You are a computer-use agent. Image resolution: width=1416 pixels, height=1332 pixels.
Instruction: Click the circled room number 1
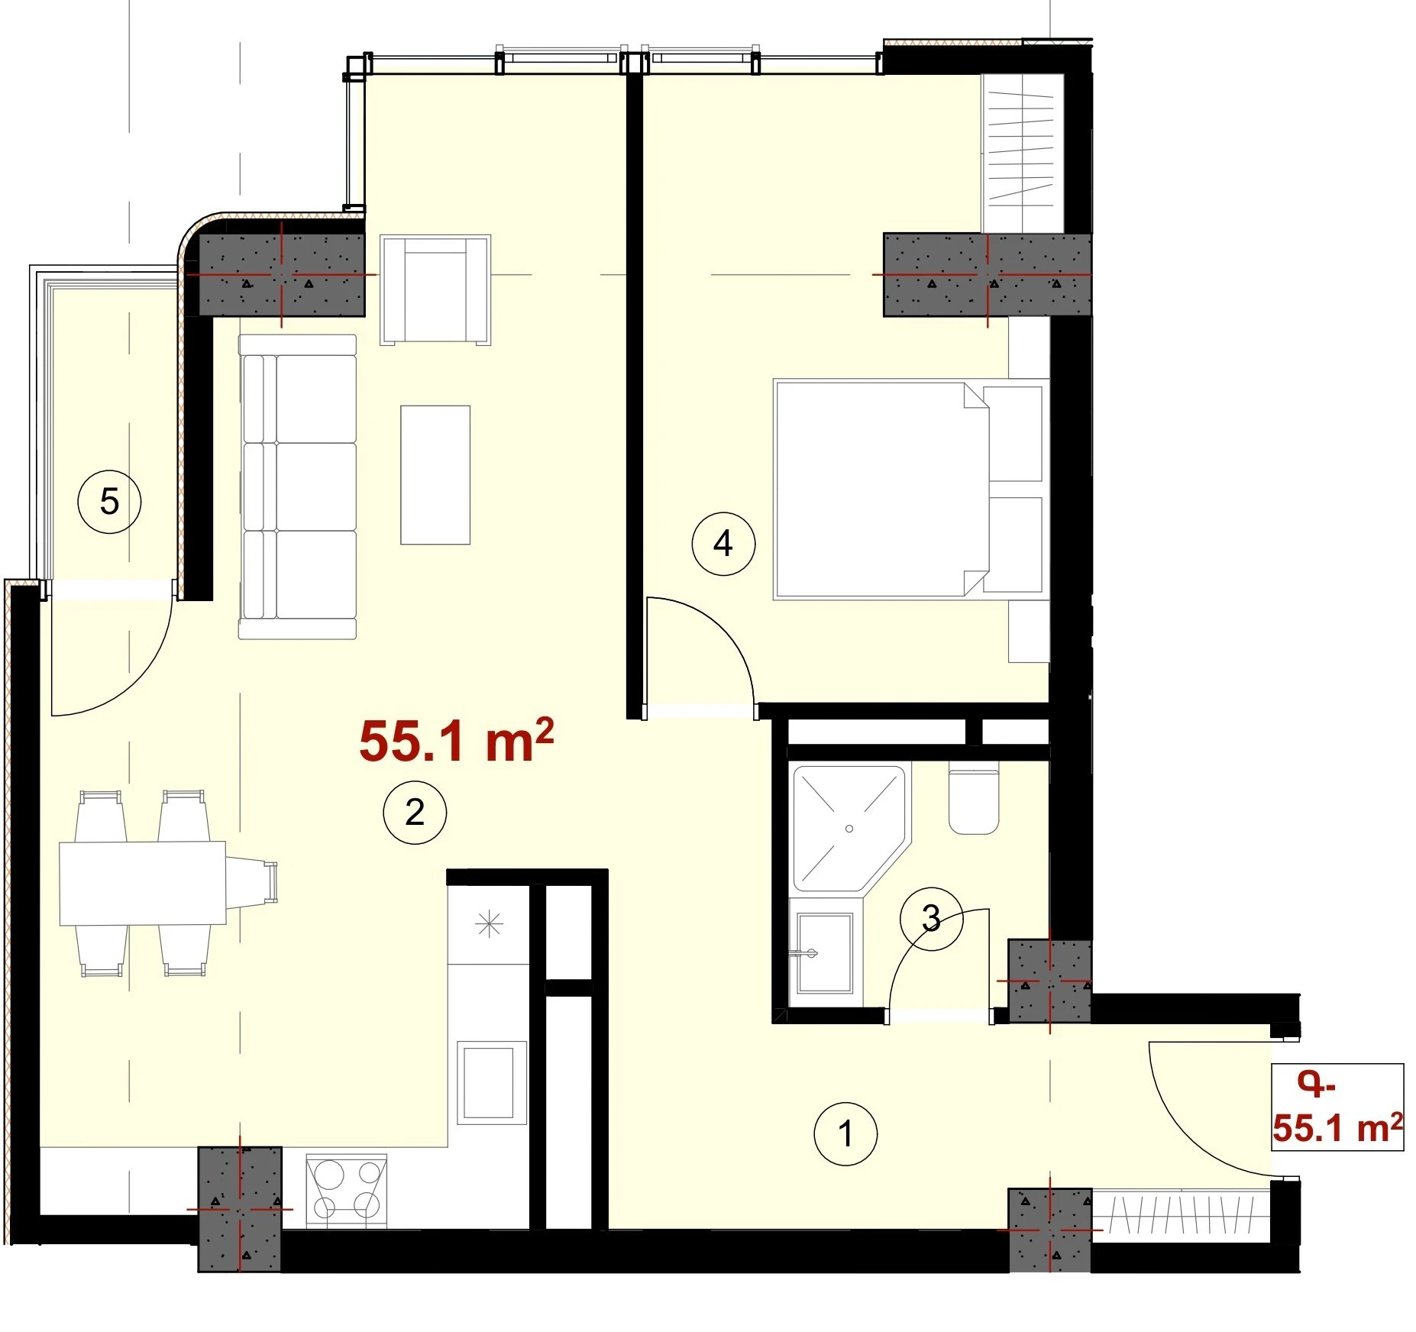click(x=845, y=1134)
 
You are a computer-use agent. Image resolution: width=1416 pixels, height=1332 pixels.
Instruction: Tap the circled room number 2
click(x=415, y=812)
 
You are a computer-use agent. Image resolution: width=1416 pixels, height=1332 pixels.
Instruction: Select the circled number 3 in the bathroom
click(x=931, y=919)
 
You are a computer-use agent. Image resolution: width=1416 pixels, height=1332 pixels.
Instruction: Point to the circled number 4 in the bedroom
click(x=723, y=544)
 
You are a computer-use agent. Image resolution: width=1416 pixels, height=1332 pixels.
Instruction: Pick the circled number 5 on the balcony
click(x=110, y=502)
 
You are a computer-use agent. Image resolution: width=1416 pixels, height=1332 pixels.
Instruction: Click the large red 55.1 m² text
click(x=456, y=741)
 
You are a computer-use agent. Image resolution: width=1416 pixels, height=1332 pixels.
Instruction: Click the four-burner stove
click(x=346, y=1191)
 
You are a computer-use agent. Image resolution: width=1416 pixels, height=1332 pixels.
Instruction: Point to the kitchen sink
click(x=492, y=1082)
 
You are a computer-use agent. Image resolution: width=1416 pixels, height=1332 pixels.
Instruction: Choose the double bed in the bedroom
click(x=909, y=489)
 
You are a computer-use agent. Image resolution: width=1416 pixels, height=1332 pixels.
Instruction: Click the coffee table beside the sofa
click(x=435, y=474)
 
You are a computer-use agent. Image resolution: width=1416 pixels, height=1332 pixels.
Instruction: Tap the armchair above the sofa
click(x=435, y=289)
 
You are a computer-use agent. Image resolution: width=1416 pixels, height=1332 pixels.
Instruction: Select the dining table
click(x=143, y=883)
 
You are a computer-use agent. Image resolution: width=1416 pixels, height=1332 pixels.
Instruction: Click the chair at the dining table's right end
click(x=251, y=883)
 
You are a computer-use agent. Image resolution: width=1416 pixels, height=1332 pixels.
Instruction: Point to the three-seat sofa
click(x=297, y=487)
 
